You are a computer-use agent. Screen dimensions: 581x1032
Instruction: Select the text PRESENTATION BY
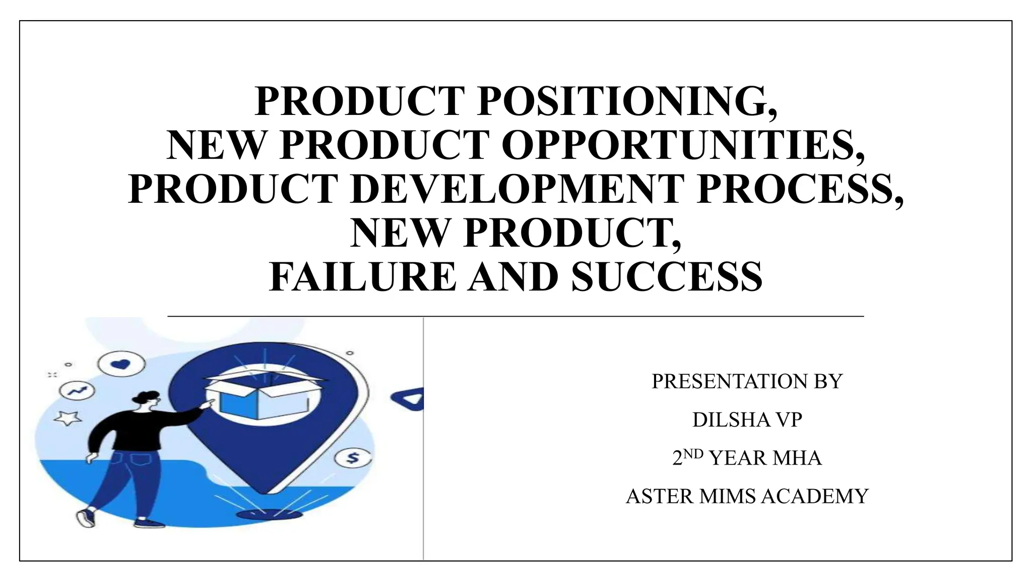point(747,381)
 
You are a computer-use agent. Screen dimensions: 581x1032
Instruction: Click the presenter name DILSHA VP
point(747,420)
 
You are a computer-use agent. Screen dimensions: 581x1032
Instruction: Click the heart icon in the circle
point(121,363)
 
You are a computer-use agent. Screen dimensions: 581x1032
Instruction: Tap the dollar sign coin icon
point(353,458)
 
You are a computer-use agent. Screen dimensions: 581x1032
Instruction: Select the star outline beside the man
point(68,418)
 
